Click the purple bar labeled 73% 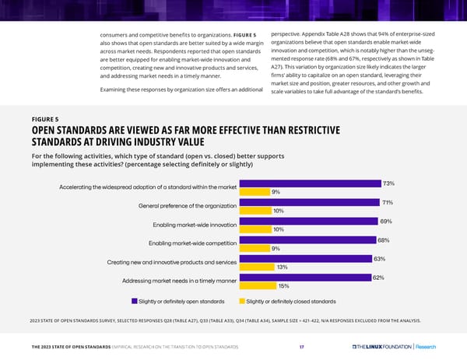pos(311,183)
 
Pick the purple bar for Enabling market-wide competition pos(308,240)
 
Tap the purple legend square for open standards pos(134,300)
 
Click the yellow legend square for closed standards pos(241,300)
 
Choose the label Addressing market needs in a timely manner pos(180,281)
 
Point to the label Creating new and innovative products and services pos(171,262)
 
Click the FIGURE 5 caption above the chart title pos(46,119)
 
